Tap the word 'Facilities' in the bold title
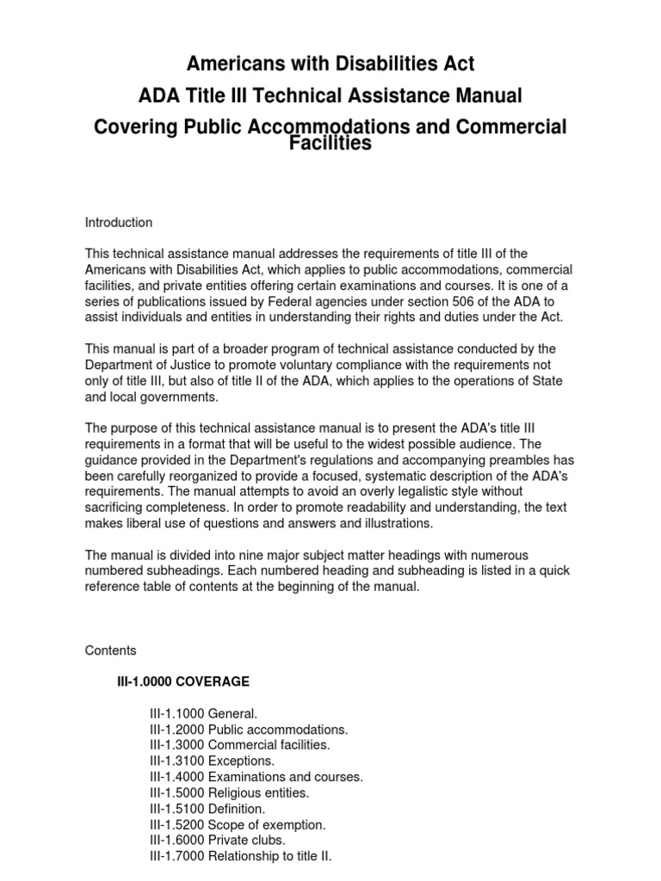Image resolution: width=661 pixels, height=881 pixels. pos(330,144)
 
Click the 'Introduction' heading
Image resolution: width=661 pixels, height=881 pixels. pos(119,223)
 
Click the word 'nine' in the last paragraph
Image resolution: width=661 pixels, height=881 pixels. pos(238,556)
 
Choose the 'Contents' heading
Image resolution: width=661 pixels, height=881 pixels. pos(110,650)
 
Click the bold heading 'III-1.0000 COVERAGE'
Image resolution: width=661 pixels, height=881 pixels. pos(183,682)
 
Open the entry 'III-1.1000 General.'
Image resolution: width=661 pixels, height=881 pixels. pos(203,714)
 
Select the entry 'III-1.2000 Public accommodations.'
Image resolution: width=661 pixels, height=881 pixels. pos(249,730)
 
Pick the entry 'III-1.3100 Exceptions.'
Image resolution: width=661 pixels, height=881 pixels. pos(213,761)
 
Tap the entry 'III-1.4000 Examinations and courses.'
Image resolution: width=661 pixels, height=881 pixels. pos(256,777)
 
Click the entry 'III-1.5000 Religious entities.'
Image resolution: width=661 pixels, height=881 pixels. pos(229,792)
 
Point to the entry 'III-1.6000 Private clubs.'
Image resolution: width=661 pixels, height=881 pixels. pos(217,841)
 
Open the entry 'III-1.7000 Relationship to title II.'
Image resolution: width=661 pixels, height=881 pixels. pos(240,856)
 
